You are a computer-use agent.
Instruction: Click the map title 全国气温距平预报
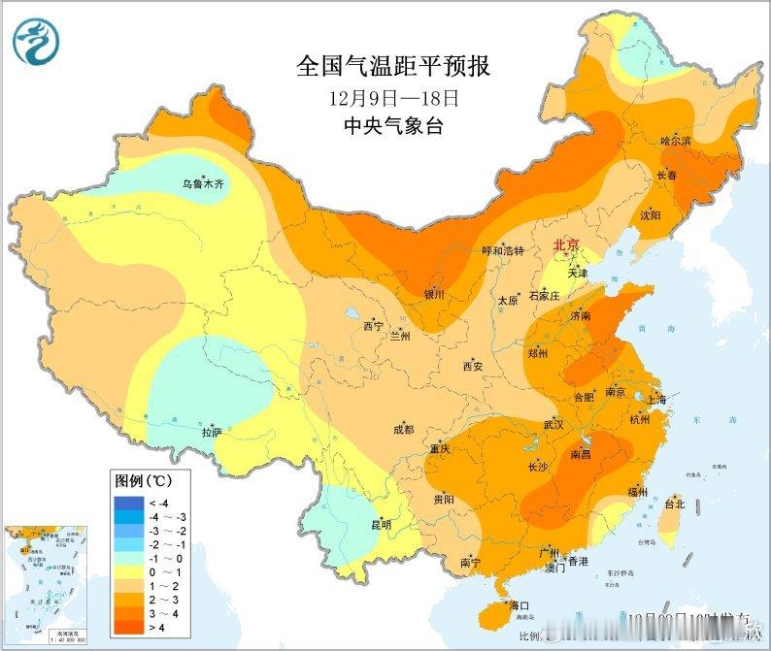392,67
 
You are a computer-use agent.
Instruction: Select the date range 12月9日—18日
392,98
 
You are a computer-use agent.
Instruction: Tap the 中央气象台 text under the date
392,126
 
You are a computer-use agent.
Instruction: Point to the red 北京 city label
565,246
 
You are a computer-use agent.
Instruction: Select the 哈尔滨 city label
676,142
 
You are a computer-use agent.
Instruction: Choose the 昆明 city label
381,525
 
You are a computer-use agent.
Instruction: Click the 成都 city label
403,430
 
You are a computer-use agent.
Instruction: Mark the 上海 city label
655,400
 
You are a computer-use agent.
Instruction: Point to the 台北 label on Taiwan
674,504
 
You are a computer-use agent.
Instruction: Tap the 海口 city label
507,606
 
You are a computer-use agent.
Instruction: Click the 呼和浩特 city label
503,250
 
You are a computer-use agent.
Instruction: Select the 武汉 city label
553,424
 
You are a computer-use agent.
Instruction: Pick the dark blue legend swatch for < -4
127,502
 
